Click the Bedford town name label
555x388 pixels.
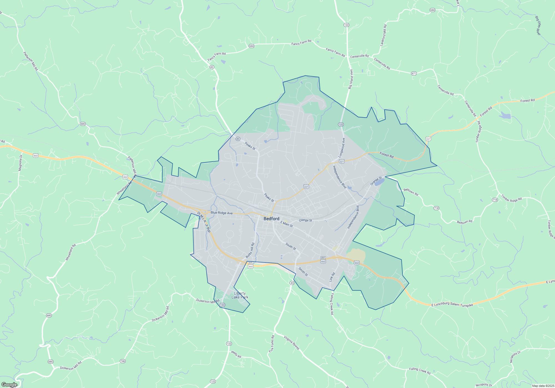tap(271, 219)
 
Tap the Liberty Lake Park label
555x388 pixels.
tap(240, 295)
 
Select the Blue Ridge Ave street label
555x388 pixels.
tap(221, 213)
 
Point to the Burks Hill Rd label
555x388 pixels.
tap(250, 250)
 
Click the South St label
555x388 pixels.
tap(291, 246)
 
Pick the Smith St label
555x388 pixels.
tap(303, 272)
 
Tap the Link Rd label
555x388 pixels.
tap(332, 277)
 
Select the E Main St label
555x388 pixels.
tap(286, 224)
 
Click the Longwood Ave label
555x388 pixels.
tap(342, 148)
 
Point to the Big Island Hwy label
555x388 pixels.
tap(351, 79)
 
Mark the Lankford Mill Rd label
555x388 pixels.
tap(383, 35)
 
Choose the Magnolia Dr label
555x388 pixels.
tap(20, 163)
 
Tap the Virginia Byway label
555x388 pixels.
tap(292, 343)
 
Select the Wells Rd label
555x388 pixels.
tap(236, 354)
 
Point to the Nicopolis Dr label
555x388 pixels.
tap(515, 357)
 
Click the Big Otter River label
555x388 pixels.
tap(538, 25)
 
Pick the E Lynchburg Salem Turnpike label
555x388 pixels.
tap(452, 304)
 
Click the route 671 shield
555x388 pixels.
tap(414, 73)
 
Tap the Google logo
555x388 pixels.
tap(9, 384)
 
